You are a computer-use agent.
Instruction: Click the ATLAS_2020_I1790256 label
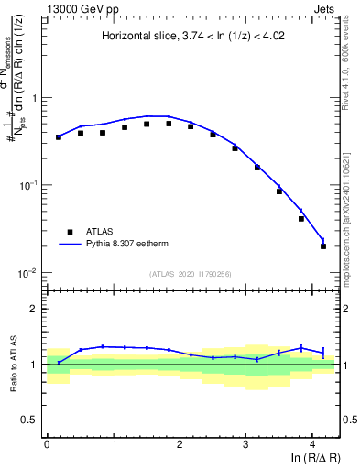click(x=192, y=273)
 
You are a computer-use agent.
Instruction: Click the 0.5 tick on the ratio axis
click(x=32, y=420)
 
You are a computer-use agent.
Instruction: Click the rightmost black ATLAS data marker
click(x=323, y=246)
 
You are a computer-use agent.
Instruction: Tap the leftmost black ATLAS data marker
click(x=59, y=137)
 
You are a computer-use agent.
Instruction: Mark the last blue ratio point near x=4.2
click(x=323, y=352)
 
